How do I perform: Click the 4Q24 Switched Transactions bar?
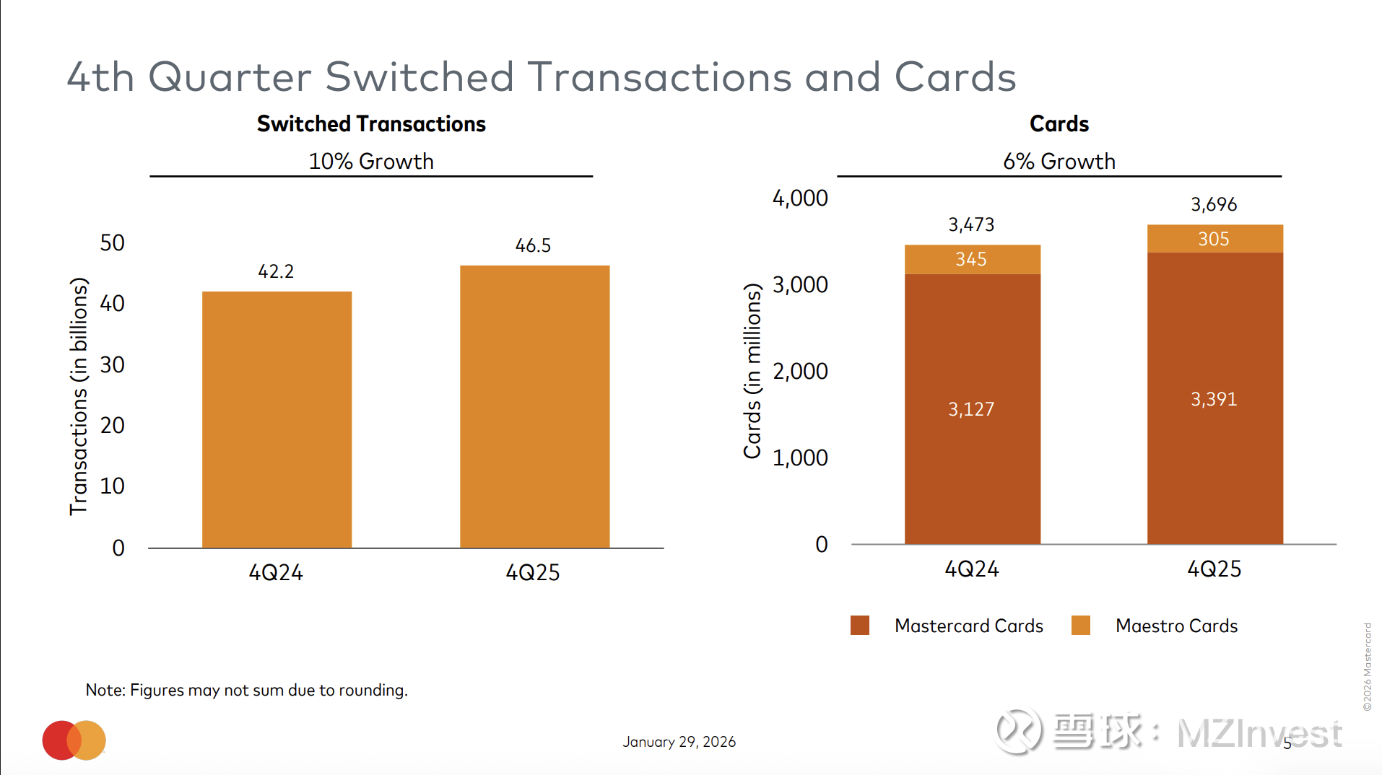tap(277, 419)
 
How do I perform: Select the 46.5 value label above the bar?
tap(533, 245)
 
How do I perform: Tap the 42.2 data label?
tap(276, 271)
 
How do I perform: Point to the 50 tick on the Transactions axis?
tap(112, 242)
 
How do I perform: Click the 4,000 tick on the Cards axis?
tap(800, 198)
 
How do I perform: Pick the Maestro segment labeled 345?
tap(972, 259)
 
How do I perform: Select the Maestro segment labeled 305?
tap(1214, 239)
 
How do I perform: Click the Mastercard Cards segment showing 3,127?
tap(972, 409)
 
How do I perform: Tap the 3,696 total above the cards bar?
tap(1214, 204)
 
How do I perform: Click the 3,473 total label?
tap(971, 224)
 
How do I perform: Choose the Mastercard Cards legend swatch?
tap(860, 625)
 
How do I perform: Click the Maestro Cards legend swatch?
tap(1081, 625)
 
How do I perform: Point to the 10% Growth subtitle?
tap(371, 161)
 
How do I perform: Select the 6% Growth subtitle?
tap(1059, 161)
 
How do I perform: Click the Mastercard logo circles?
tap(74, 740)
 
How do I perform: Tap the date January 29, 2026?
tap(679, 742)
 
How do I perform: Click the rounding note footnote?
tap(247, 690)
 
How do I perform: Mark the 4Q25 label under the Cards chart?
tap(1214, 569)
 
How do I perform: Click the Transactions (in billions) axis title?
tap(78, 396)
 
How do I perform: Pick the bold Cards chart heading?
tap(1059, 124)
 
